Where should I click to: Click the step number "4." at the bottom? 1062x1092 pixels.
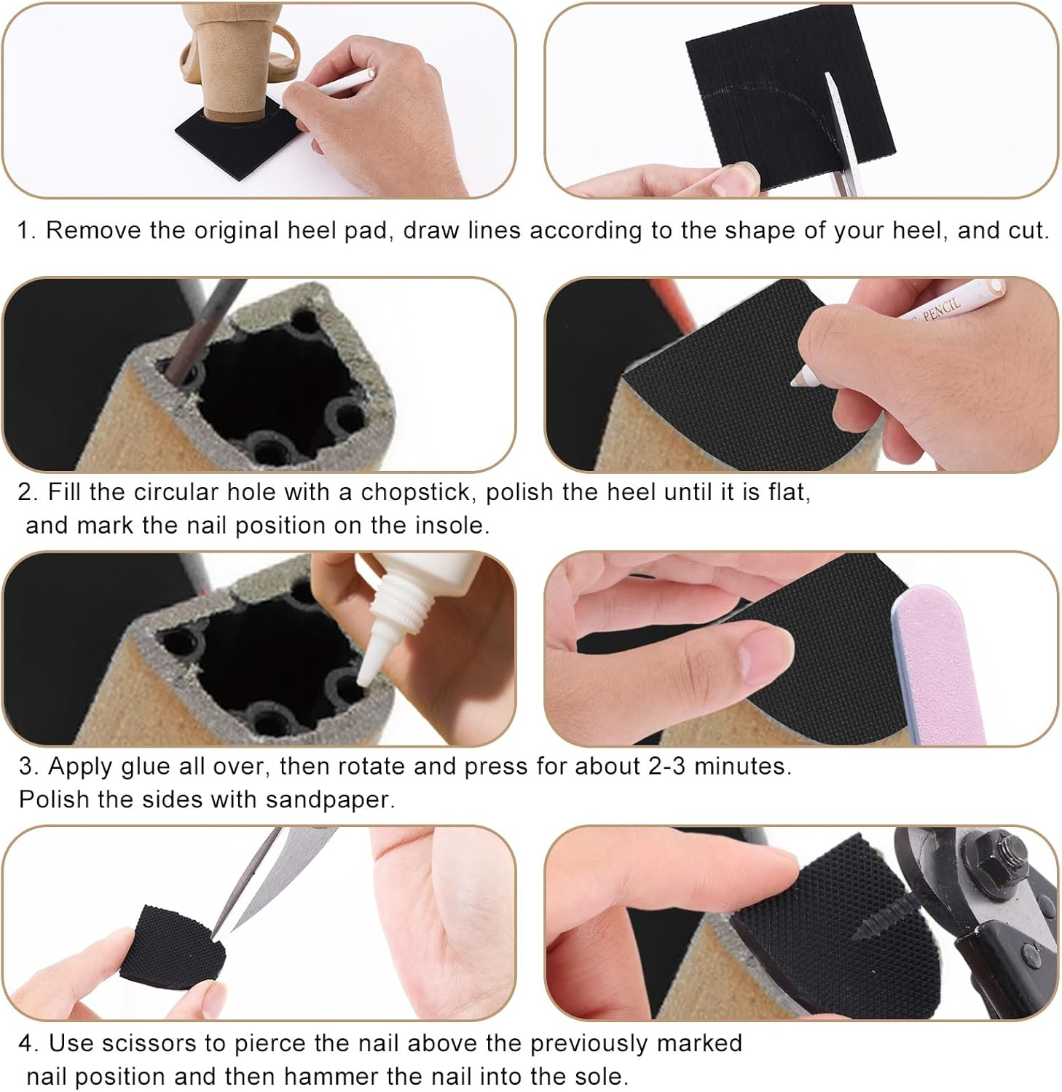28,1043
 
